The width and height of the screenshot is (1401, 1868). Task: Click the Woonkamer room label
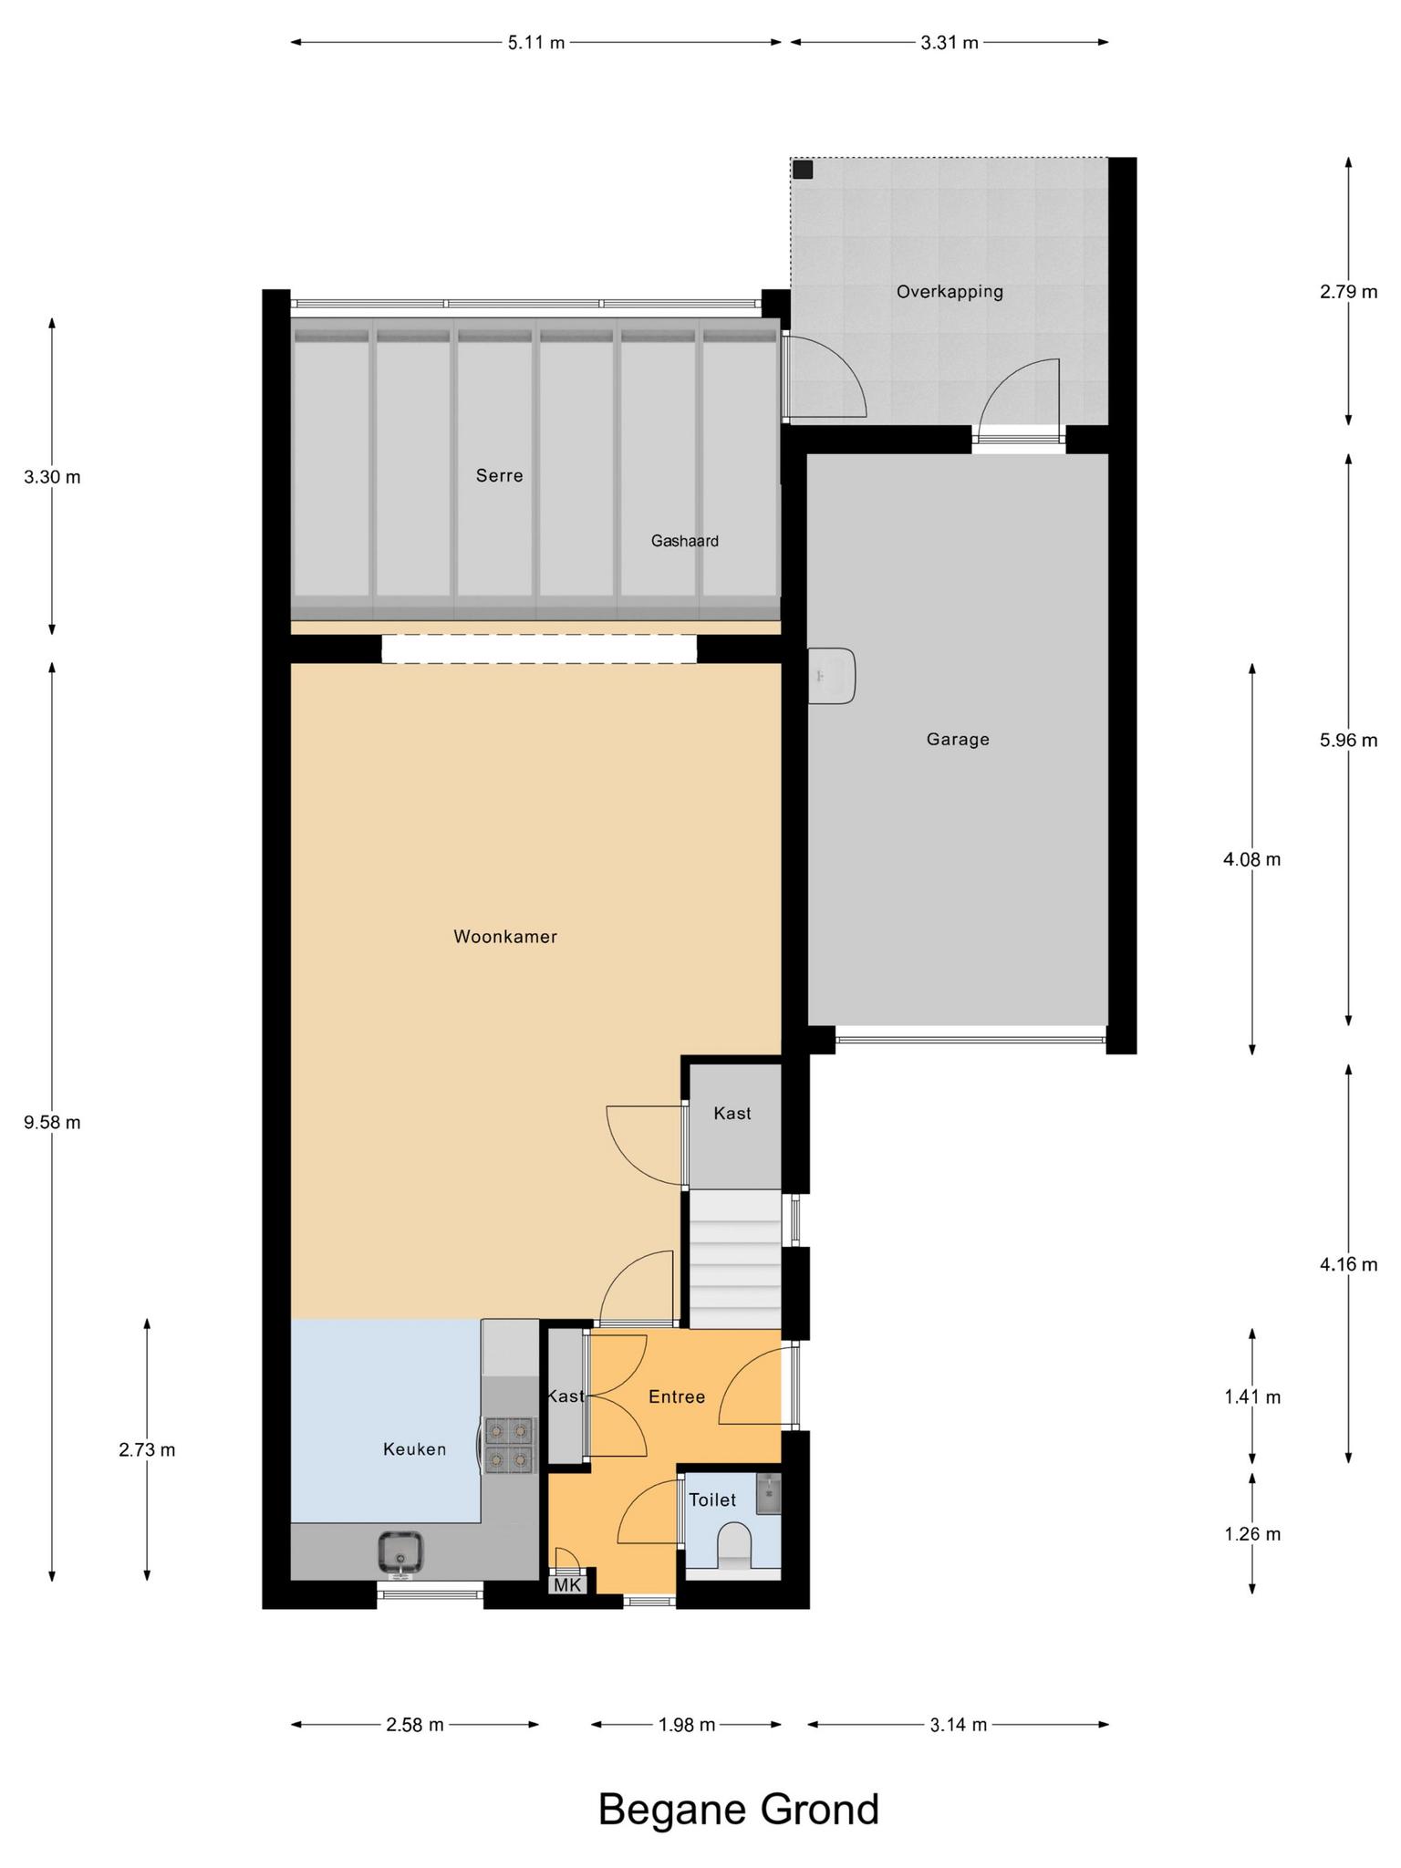(x=505, y=937)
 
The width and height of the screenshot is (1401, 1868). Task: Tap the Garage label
(x=958, y=739)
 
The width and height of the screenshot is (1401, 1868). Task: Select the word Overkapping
(x=950, y=292)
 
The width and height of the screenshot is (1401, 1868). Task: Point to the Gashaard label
(x=684, y=541)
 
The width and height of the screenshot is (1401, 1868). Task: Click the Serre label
(x=499, y=475)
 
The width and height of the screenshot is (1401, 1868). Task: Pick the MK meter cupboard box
(x=567, y=1585)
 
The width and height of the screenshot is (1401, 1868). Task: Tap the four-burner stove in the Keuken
(x=509, y=1446)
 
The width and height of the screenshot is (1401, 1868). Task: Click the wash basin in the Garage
(x=832, y=676)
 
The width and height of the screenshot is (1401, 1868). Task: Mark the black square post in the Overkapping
(x=803, y=170)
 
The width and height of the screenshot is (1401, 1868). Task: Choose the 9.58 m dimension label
(x=52, y=1122)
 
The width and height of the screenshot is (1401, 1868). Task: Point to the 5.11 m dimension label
(x=536, y=42)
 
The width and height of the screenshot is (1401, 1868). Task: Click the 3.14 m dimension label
(x=959, y=1725)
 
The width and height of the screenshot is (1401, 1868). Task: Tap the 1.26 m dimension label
(x=1252, y=1534)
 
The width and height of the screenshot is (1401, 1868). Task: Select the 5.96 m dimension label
(x=1348, y=740)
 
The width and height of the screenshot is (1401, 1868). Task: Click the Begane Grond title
(x=739, y=1810)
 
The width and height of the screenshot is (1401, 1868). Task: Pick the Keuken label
(x=415, y=1449)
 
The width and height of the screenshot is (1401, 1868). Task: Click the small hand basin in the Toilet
(x=769, y=1493)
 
